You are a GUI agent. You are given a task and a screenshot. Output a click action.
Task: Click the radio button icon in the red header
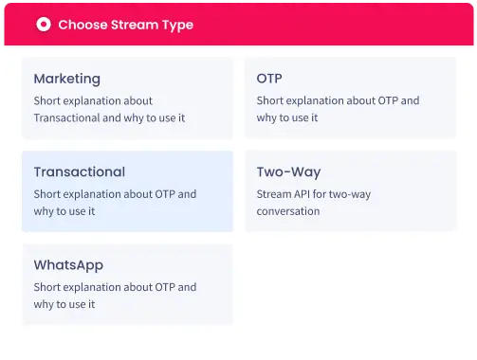point(43,25)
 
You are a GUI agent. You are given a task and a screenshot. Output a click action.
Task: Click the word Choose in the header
point(82,25)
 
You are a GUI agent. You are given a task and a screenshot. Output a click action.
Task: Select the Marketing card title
point(66,79)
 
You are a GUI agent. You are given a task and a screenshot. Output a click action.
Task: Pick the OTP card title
point(269,79)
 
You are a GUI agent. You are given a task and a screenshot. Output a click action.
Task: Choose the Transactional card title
point(79,172)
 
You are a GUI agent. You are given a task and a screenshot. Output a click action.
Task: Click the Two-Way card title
point(288,172)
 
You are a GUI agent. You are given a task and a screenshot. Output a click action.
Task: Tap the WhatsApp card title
point(68,265)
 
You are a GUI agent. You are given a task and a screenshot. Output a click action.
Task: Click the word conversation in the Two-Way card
point(288,211)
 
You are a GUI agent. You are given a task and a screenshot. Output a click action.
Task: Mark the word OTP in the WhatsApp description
point(166,287)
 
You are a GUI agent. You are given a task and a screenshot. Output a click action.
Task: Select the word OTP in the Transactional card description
point(166,194)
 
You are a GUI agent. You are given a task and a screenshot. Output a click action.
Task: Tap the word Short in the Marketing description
point(48,100)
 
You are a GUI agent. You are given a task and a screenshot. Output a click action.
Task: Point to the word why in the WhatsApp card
point(45,304)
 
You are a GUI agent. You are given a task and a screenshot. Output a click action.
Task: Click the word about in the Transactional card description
point(135,194)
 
